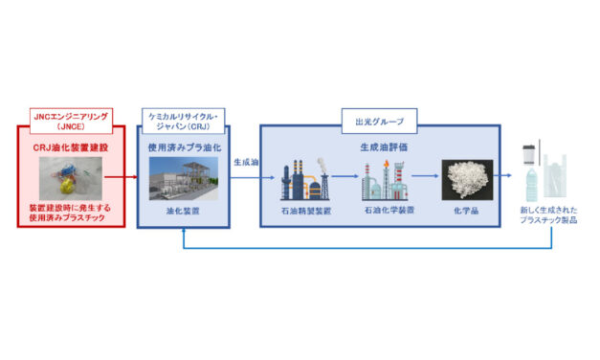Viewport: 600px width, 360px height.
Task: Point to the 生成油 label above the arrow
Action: coord(246,163)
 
